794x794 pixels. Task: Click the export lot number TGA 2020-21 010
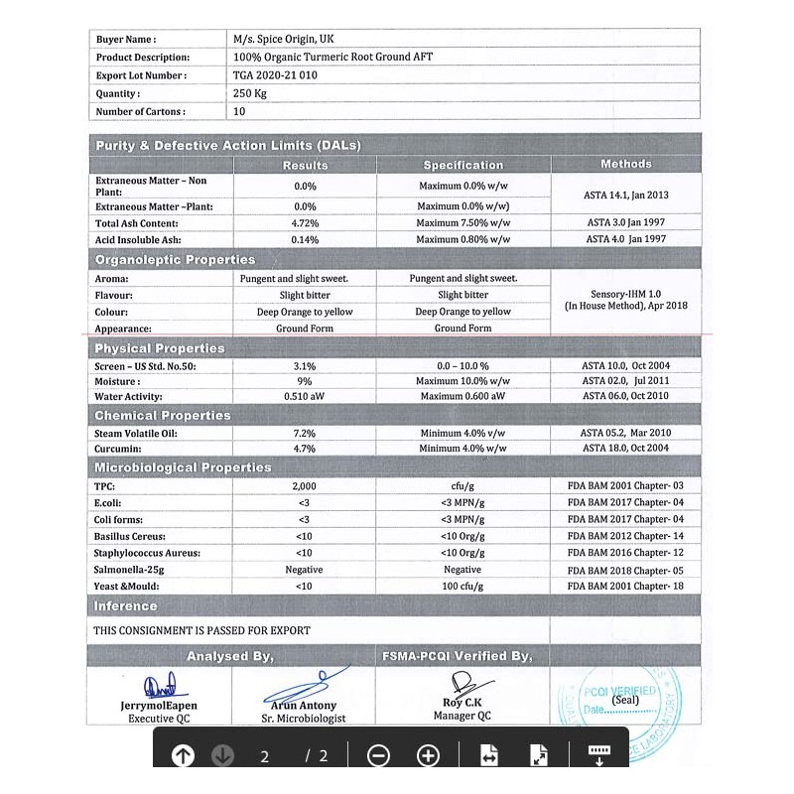pos(275,75)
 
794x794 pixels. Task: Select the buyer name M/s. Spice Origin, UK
pos(283,39)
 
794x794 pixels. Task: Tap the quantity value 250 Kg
pos(251,93)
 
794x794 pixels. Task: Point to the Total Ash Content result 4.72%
pos(305,223)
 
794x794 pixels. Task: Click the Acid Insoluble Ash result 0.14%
pos(305,239)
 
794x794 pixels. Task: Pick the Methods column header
pos(626,164)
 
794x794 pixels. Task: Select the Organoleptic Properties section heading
pos(175,260)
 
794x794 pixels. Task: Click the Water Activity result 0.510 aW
pos(305,396)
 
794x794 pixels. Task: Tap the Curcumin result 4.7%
pos(305,449)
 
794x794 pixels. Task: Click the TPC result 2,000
pos(305,485)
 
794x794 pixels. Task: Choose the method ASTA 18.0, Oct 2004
pos(625,449)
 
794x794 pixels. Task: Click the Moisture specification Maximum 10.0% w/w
pos(463,381)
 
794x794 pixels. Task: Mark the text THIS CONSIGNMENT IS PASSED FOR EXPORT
pos(201,630)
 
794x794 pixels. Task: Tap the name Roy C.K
pos(463,704)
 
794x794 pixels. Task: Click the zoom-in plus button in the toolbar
pos(428,756)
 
